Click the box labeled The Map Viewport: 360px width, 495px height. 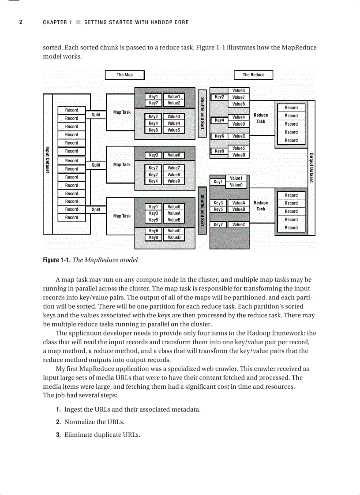tap(124, 75)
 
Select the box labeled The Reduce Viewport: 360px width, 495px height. tap(253, 75)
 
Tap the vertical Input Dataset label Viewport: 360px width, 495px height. tap(48, 160)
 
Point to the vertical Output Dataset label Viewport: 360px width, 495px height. tap(311, 168)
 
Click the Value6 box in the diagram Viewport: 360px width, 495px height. tap(173, 155)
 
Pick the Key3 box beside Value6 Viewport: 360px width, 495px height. tap(153, 155)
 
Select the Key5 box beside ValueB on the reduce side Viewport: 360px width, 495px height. tap(218, 209)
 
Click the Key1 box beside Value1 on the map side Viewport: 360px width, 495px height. tap(153, 97)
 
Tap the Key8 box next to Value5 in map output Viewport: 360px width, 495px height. tap(153, 130)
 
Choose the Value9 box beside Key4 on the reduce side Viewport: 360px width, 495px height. tap(239, 124)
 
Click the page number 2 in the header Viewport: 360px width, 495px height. tap(21, 22)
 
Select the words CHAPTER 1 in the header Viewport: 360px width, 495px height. tap(57, 22)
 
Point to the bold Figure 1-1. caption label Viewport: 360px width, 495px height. tap(56, 260)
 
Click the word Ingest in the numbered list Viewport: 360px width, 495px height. tap(73, 409)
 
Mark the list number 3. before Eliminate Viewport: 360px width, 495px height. tap(58, 435)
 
